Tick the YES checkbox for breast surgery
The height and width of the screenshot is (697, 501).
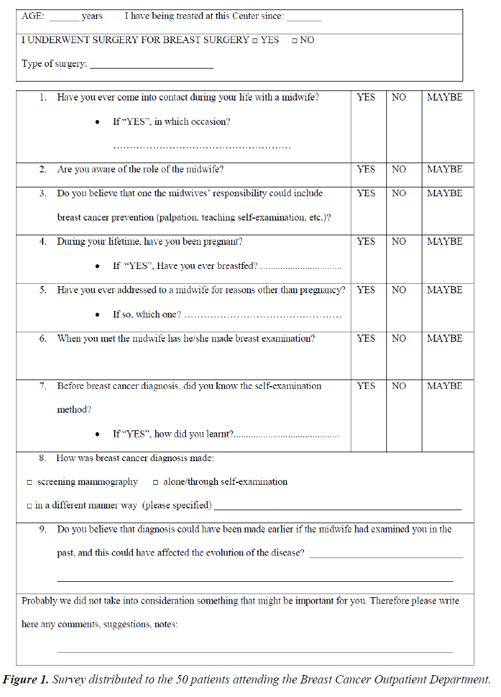point(255,41)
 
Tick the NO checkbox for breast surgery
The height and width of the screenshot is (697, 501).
point(295,41)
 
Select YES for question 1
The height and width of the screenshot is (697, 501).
point(366,98)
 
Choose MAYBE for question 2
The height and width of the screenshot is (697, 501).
point(445,170)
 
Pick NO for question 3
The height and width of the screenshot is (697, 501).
point(399,194)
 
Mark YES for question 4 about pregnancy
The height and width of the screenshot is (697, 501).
point(366,242)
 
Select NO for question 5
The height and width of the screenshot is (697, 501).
point(399,290)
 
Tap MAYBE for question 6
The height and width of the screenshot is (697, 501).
point(445,339)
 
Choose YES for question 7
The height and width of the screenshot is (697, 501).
point(366,386)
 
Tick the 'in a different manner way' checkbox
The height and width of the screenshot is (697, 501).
point(30,506)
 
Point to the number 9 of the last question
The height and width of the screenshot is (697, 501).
point(43,530)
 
